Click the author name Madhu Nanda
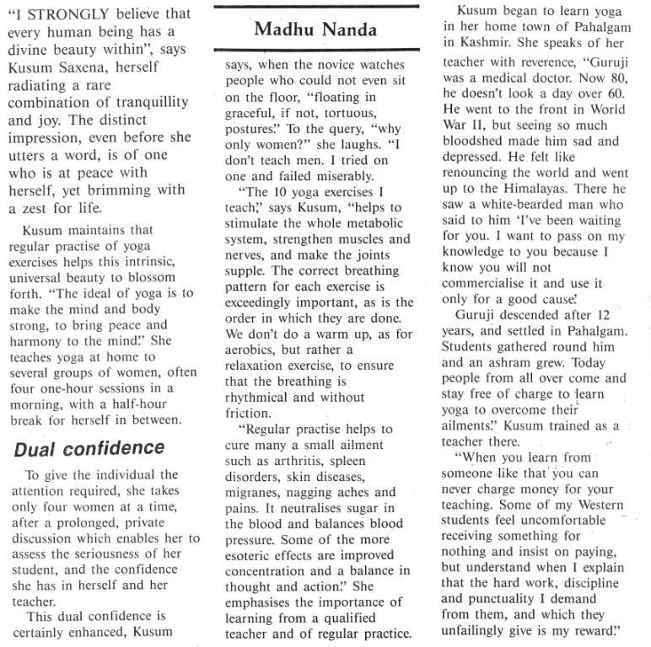click(x=316, y=30)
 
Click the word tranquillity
click(x=147, y=103)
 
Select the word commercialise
click(x=485, y=284)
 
